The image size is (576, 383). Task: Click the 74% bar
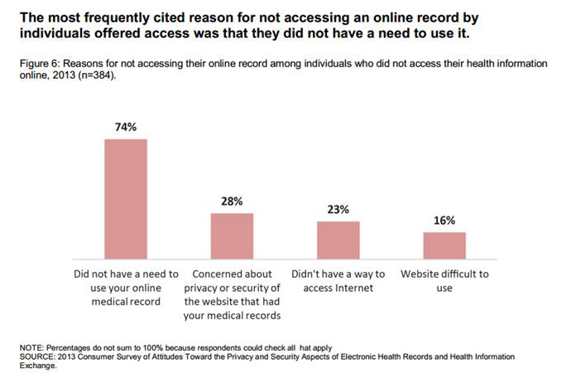(125, 199)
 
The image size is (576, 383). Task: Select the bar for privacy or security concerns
(232, 235)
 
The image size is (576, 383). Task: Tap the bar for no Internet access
(338, 240)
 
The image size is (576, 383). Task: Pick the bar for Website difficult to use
(444, 245)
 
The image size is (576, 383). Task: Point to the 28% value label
(232, 202)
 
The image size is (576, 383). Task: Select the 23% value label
(338, 210)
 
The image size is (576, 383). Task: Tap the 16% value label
(444, 221)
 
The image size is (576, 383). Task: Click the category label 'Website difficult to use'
(444, 281)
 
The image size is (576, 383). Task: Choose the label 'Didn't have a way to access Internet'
(338, 281)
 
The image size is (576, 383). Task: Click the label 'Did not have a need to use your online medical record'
(125, 288)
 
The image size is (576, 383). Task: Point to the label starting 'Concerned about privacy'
(232, 294)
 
